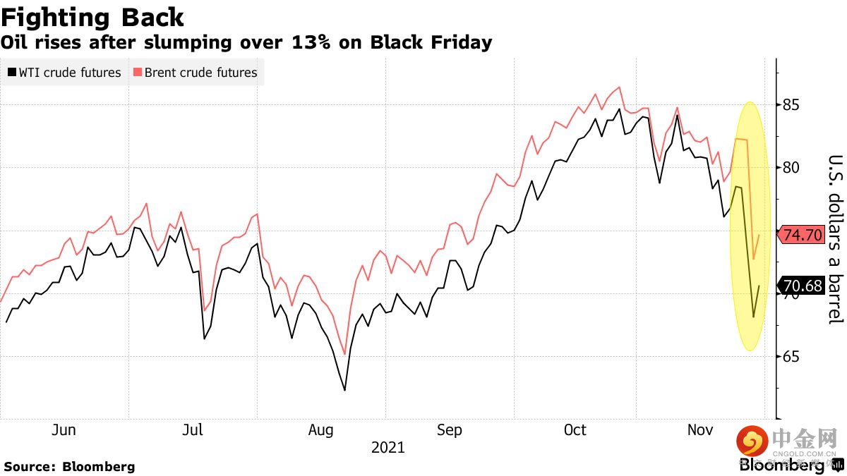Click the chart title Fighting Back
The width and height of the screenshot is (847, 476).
click(92, 17)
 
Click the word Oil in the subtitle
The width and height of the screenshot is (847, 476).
click(16, 42)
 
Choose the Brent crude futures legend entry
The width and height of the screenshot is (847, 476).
click(195, 73)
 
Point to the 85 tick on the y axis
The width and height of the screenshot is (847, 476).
click(790, 106)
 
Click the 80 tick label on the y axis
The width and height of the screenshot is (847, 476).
click(790, 168)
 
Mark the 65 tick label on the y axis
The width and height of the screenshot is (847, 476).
click(790, 356)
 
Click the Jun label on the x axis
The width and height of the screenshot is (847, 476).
click(64, 430)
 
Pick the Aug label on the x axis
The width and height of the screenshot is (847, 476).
click(321, 430)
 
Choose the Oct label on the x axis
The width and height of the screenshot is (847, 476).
click(575, 430)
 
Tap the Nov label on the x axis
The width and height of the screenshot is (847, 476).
click(699, 430)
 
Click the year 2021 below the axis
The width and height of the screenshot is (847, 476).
click(388, 448)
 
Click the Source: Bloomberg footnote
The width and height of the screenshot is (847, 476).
click(69, 466)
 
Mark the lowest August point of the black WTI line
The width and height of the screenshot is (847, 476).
click(344, 390)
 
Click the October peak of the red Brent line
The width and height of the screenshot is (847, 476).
click(619, 87)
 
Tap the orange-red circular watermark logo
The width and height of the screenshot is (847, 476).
click(752, 442)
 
